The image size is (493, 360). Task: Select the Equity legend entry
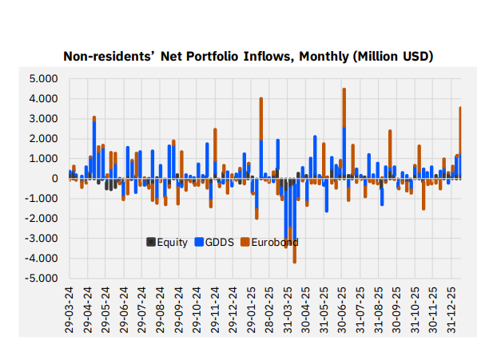coord(166,242)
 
